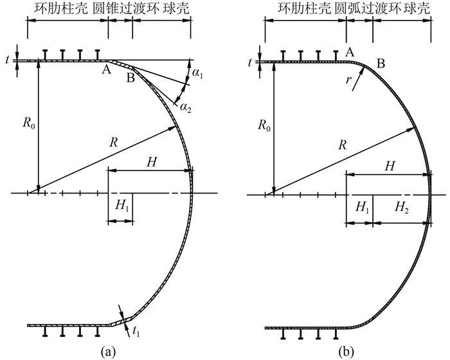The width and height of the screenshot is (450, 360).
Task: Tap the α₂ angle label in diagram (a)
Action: click(x=185, y=107)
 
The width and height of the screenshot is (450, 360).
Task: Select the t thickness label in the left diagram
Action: click(x=6, y=61)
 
